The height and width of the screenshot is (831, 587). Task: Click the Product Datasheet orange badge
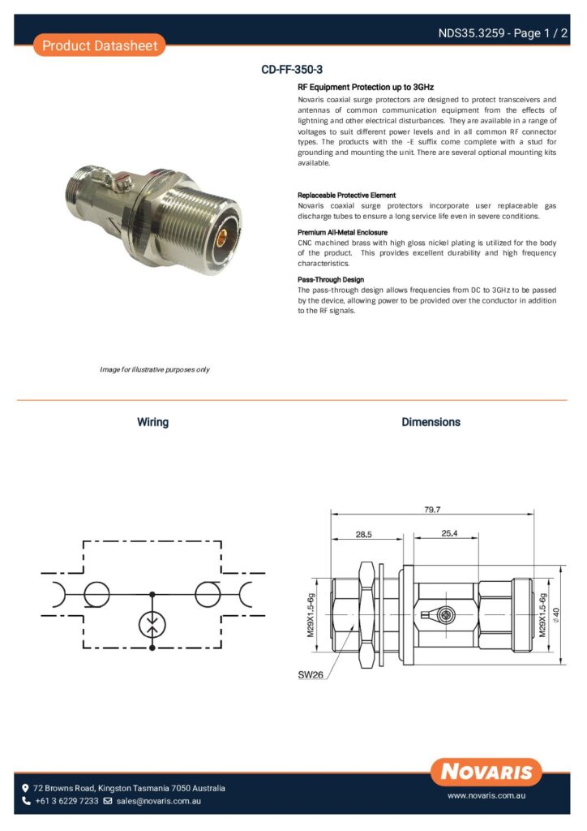[100, 45]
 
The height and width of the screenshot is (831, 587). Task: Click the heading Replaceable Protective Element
[346, 196]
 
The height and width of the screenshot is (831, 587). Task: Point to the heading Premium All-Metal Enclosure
[342, 232]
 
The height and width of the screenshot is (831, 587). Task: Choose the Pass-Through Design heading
[331, 280]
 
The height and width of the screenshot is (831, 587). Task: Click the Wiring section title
[152, 422]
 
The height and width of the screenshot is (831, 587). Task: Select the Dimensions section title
[431, 422]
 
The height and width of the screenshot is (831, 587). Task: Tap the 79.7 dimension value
[432, 510]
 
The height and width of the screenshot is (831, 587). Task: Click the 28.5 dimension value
[363, 534]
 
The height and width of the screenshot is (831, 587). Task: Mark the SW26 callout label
[311, 674]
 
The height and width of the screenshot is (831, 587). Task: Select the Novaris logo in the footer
[486, 771]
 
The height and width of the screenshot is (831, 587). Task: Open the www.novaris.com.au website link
[487, 797]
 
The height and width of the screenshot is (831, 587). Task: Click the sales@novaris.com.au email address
[158, 801]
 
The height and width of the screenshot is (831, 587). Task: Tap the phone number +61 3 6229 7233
[66, 801]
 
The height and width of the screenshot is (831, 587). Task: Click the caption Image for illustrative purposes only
[154, 369]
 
